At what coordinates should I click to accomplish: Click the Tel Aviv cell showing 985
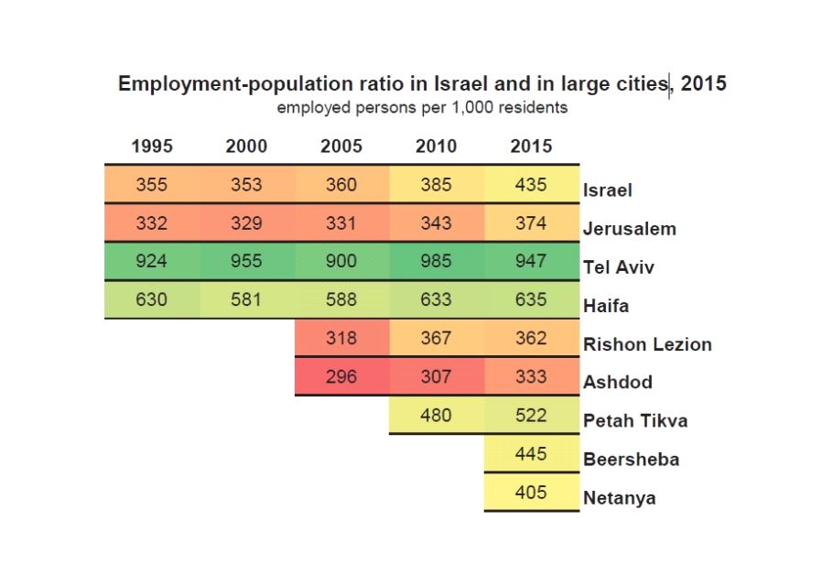(436, 261)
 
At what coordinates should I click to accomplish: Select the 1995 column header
(152, 146)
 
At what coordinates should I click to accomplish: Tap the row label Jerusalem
(629, 229)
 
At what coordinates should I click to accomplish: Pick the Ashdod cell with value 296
(341, 376)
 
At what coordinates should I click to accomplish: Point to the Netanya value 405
(531, 493)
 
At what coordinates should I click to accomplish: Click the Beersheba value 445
(531, 454)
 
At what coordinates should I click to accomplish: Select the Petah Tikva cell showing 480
(436, 415)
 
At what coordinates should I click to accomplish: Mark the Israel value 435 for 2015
(531, 184)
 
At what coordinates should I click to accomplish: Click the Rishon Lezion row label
(647, 344)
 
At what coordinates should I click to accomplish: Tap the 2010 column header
(436, 146)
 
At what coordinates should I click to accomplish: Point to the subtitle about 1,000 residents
(422, 107)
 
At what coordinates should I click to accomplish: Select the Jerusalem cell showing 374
(531, 222)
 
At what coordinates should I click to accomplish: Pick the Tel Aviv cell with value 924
(152, 261)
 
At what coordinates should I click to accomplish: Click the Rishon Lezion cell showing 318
(341, 338)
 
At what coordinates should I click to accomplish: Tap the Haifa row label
(606, 306)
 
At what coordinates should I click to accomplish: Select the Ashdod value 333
(531, 376)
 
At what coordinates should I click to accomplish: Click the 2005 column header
(341, 146)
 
